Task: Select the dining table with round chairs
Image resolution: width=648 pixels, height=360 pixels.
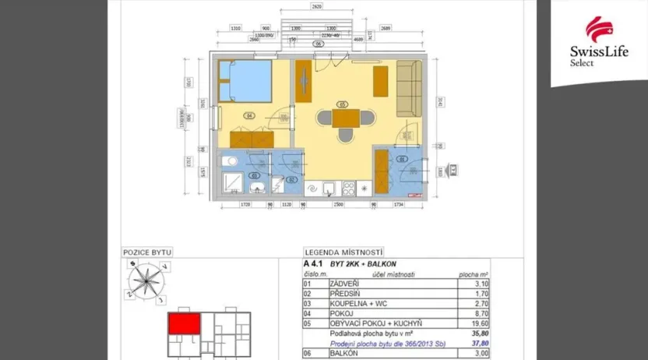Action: (x=346, y=119)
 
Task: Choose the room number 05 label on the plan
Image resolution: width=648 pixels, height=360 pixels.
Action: (x=341, y=104)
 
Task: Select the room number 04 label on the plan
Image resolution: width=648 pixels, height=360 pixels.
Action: (x=249, y=115)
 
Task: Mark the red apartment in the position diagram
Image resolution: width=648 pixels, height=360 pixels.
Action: (x=185, y=323)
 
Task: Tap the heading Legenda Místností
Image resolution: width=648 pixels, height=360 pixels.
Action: (x=343, y=252)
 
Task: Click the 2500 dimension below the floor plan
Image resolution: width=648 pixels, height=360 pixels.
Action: (x=337, y=205)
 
